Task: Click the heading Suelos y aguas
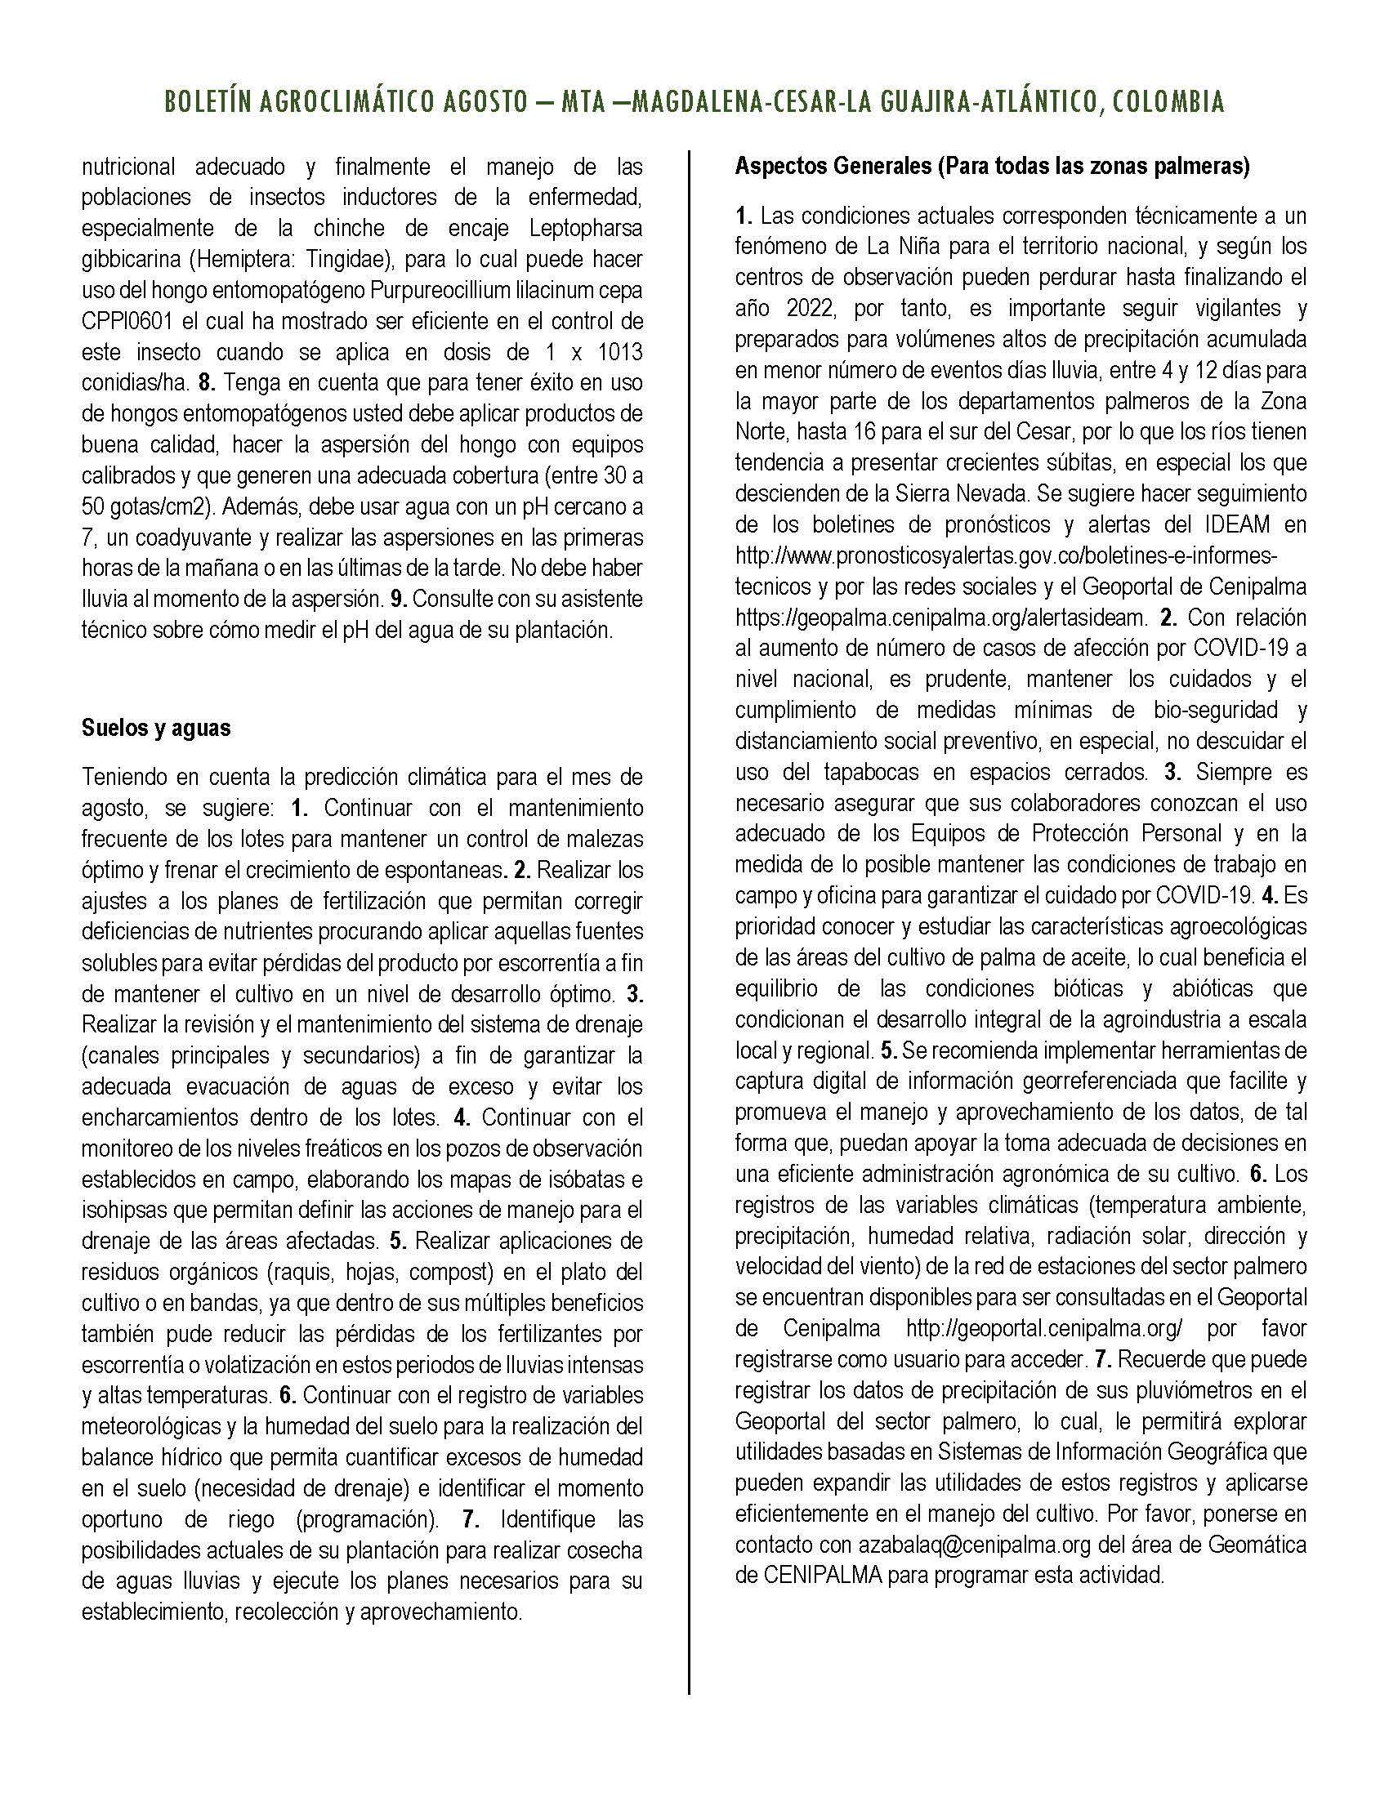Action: point(156,728)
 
